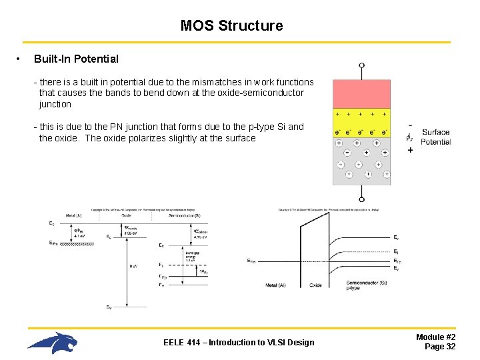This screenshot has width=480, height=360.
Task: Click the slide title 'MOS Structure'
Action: [231, 26]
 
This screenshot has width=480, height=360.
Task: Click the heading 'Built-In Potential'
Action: [76, 59]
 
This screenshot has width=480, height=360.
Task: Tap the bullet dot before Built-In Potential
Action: [18, 59]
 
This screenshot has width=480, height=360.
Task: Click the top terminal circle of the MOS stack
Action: [361, 66]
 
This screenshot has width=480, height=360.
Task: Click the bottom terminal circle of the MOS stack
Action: [361, 199]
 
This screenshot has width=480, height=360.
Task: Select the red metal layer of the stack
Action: [361, 94]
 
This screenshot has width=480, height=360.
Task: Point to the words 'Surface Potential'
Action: [436, 137]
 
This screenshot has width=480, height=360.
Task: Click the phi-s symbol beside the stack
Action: [409, 137]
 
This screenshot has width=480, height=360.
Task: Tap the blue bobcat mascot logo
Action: [53, 343]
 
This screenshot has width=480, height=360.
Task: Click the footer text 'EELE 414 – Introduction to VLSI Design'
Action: [239, 343]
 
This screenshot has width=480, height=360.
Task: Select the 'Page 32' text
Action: [440, 347]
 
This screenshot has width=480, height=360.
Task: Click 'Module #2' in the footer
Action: [436, 337]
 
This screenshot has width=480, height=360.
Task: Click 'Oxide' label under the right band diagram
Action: [315, 285]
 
